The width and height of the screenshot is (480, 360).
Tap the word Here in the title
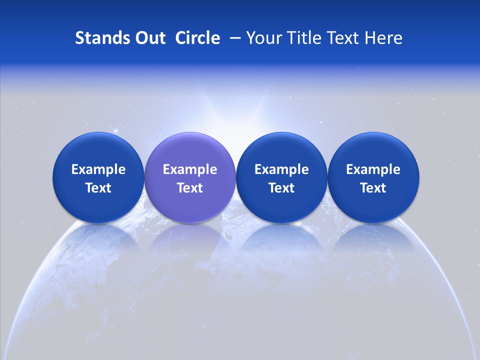coord(383,38)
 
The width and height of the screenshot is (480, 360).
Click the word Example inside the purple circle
coord(190,169)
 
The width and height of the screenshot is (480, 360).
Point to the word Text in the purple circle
coord(190,188)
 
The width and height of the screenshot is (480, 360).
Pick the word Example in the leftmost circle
coord(98,169)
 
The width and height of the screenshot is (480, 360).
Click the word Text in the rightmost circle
coord(373,188)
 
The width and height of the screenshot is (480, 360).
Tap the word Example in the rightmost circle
coord(373,169)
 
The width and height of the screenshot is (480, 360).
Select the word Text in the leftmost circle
coord(98,188)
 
